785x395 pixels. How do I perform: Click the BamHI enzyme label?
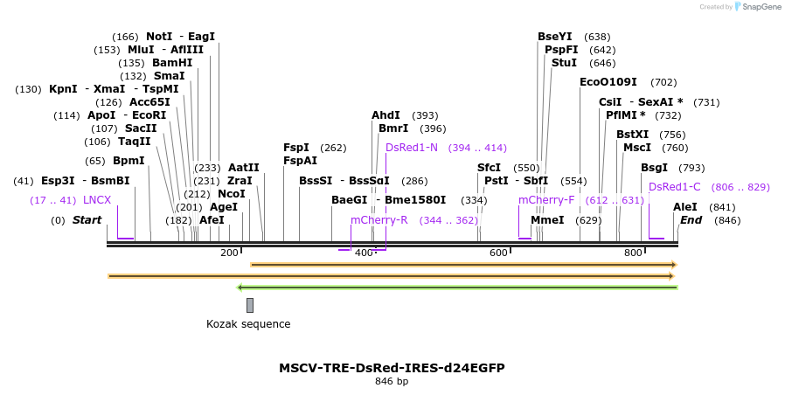(x=172, y=63)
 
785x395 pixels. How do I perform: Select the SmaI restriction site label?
(x=169, y=76)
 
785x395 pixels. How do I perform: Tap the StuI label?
(x=564, y=63)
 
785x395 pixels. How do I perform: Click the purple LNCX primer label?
(x=97, y=200)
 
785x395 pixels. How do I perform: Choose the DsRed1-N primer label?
(x=411, y=148)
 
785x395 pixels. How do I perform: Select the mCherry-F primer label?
(x=546, y=200)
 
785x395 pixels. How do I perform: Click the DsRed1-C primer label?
(x=674, y=186)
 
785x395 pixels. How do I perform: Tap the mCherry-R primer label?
(x=379, y=220)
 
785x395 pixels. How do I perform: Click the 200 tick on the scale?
(x=229, y=253)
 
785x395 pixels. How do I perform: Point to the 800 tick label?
(x=632, y=253)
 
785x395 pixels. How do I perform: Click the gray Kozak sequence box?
(x=250, y=305)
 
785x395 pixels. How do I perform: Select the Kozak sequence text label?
(x=248, y=324)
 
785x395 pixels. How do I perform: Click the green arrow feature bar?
(x=457, y=287)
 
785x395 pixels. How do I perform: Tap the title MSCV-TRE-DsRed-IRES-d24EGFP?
(x=392, y=368)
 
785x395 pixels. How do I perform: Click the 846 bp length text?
(x=392, y=382)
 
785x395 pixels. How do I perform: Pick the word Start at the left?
(x=87, y=220)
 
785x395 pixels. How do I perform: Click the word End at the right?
(x=691, y=220)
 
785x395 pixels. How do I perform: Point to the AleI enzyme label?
(x=685, y=207)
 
